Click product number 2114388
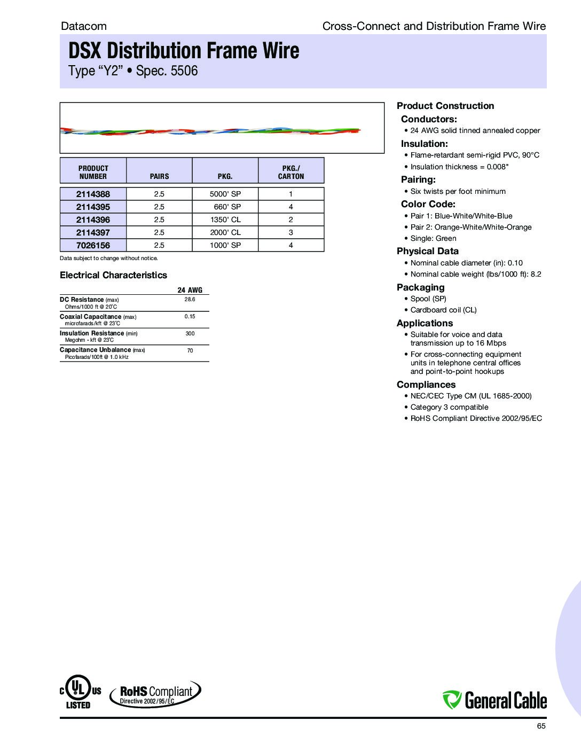[93, 194]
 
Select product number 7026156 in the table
[93, 245]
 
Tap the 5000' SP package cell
[225, 194]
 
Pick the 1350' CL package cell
[225, 220]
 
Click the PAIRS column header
[159, 176]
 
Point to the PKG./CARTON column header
[291, 172]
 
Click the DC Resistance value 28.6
[190, 300]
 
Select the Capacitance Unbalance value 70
[190, 351]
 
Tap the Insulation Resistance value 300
[190, 334]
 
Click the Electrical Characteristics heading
[113, 275]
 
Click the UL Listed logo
[78, 693]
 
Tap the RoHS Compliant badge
[155, 694]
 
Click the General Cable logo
[494, 699]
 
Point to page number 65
[541, 726]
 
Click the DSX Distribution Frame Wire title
[184, 51]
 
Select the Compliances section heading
[426, 385]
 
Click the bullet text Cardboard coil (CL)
[443, 310]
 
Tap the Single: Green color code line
[433, 238]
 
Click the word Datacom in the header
[84, 26]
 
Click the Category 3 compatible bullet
[449, 407]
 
